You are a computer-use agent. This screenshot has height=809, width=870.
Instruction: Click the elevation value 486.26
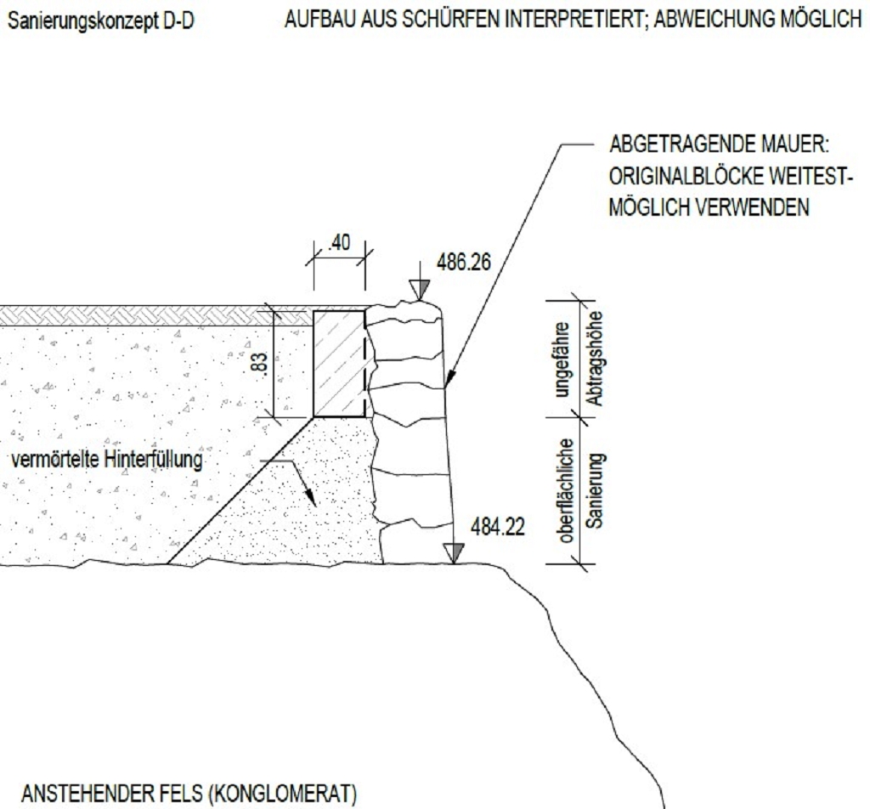click(x=464, y=262)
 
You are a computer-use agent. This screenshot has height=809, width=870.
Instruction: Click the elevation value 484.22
click(x=498, y=527)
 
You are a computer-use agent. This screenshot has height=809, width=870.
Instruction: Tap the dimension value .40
click(x=339, y=242)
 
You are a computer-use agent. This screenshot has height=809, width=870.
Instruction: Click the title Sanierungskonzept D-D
click(x=101, y=21)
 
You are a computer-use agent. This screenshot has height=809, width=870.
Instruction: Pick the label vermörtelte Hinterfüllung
click(x=107, y=460)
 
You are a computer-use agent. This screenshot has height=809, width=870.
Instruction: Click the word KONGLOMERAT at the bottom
click(x=284, y=794)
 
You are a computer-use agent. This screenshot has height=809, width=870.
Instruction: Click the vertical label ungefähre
click(x=562, y=359)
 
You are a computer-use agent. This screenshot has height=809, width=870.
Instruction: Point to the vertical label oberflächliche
click(x=566, y=490)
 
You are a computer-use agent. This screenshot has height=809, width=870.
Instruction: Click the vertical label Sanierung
click(x=594, y=490)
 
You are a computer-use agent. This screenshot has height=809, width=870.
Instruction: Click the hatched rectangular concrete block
click(x=339, y=364)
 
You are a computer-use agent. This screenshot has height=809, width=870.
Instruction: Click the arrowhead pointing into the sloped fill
click(x=311, y=497)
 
